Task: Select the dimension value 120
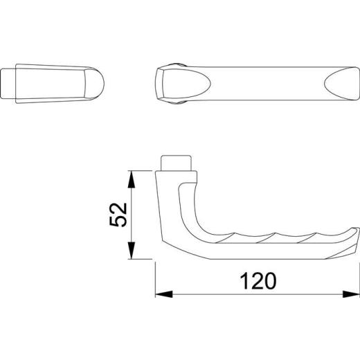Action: (257, 280)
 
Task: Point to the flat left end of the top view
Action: (157, 84)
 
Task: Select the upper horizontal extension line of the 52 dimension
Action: (142, 170)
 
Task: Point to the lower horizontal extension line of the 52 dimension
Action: (142, 260)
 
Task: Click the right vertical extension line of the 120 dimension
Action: (358, 277)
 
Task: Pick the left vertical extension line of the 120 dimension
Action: (155, 280)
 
